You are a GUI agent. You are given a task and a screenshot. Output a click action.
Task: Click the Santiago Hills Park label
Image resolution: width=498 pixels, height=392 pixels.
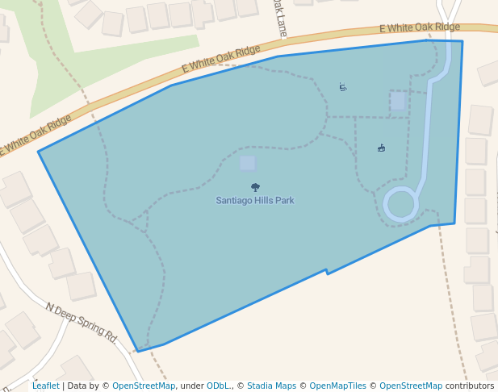point(255,200)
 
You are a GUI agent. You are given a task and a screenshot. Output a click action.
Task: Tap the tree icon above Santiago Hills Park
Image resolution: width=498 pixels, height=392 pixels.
point(256,187)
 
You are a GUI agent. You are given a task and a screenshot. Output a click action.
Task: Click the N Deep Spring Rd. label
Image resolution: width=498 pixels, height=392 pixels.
point(82,322)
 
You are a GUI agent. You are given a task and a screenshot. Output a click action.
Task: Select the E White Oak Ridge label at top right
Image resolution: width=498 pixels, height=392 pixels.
point(419,28)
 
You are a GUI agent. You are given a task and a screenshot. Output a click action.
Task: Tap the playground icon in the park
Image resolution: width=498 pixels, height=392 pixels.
point(381,148)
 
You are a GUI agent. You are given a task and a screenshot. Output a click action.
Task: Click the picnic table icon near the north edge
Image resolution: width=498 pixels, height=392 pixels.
point(343,86)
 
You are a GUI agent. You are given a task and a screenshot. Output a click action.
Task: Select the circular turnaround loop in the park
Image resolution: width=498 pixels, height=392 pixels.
point(401,203)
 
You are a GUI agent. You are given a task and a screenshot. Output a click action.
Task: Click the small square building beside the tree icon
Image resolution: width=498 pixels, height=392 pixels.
point(248,163)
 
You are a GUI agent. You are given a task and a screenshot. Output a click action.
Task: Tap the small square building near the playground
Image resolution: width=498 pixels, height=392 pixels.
point(398,101)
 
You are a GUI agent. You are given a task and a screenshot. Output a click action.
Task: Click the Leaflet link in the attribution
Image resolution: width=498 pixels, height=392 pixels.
point(46,386)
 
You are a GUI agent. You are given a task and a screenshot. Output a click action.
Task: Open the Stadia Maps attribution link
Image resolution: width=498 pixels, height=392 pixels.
point(271,386)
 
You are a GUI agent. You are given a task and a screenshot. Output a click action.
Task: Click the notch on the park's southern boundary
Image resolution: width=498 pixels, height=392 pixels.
point(326,272)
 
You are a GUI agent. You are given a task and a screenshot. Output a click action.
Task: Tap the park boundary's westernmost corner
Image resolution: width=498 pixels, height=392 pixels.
point(39,152)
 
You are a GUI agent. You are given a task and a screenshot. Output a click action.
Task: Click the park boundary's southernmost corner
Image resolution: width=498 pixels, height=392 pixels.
point(138,352)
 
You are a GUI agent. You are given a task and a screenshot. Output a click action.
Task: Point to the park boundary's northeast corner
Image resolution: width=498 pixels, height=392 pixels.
point(462,41)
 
